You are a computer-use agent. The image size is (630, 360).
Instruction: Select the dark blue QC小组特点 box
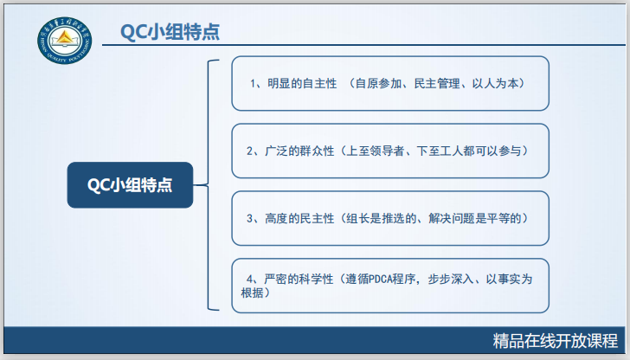pos(130,184)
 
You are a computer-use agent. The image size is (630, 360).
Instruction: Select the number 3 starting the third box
pos(249,217)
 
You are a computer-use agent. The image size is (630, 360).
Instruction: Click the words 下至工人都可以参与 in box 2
pos(466,151)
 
